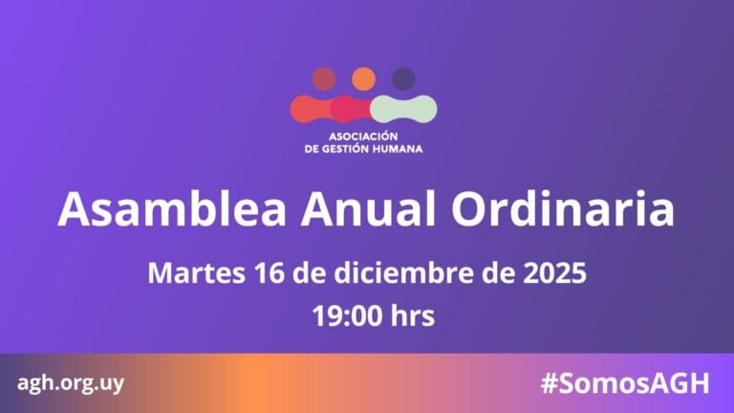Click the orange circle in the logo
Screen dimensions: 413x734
[363, 78]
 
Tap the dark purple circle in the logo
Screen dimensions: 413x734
[403, 78]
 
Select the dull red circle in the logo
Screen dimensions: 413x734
[324, 78]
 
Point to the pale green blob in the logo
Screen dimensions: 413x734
[405, 108]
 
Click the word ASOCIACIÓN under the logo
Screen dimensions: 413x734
[363, 136]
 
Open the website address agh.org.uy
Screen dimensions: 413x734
[71, 383]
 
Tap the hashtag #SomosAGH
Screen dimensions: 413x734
[624, 383]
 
